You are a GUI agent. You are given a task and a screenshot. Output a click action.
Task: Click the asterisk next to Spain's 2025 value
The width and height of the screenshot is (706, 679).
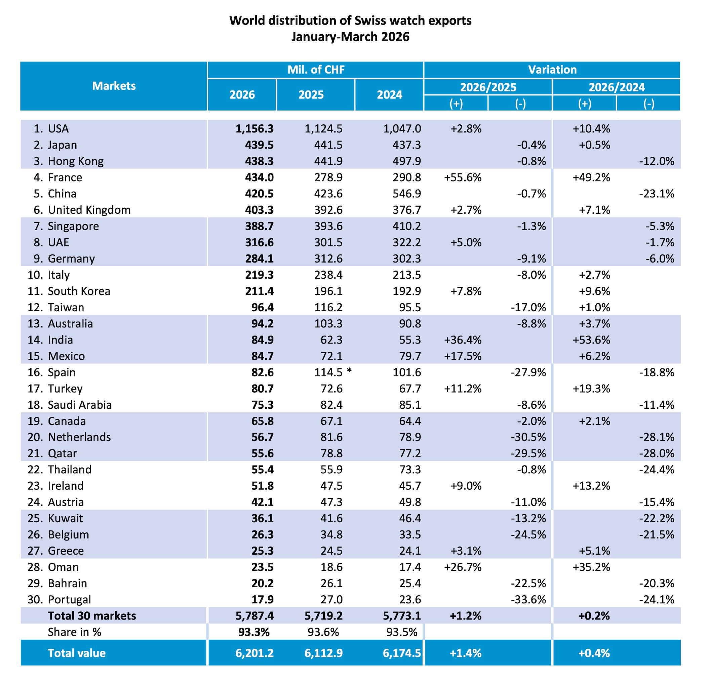[x=349, y=371]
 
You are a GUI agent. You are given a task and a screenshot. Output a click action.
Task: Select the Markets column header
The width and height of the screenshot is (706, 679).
[x=114, y=86]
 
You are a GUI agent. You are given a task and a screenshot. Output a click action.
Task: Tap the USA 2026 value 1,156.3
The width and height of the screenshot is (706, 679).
[x=255, y=129]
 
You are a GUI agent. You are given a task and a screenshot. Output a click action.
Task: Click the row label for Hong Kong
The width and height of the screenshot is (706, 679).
[x=76, y=161]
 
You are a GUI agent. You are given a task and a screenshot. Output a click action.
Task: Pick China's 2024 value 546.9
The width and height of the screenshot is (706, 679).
[x=407, y=194]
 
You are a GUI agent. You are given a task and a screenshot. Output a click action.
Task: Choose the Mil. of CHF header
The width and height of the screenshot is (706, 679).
[x=316, y=70]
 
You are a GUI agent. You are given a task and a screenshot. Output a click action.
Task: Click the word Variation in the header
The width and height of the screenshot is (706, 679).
[x=552, y=70]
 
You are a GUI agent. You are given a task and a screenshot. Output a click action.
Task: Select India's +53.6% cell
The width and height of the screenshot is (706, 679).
[x=591, y=340]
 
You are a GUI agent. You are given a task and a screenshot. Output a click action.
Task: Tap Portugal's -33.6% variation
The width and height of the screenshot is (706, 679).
[x=528, y=599]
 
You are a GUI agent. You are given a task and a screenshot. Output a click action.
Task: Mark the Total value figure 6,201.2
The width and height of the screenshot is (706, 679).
[x=255, y=653]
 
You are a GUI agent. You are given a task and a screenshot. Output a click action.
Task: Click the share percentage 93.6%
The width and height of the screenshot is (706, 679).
[x=323, y=632]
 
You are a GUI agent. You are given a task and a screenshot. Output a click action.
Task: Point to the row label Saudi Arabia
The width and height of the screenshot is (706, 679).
[x=80, y=405]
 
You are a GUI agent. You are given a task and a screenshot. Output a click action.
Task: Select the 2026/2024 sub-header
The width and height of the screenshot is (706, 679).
[x=617, y=87]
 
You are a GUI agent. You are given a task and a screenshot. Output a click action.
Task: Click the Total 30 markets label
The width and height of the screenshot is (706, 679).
[x=92, y=615]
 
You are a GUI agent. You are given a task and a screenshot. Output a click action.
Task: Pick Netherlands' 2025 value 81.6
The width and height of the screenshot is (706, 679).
[x=331, y=437]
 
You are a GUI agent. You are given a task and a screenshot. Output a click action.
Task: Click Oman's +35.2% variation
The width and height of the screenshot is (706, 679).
[x=591, y=567]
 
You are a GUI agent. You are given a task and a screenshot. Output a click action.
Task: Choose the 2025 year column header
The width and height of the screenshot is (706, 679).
[x=311, y=95]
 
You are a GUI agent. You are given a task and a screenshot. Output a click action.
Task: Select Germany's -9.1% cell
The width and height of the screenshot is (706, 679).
[x=531, y=258]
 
